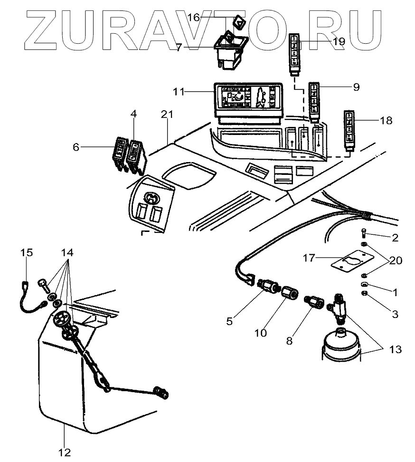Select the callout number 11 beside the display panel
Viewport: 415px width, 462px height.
[179, 91]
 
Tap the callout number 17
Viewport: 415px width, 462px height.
[310, 258]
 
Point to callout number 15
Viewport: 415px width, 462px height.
[27, 252]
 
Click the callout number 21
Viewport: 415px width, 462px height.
[167, 115]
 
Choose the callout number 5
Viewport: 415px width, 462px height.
[229, 321]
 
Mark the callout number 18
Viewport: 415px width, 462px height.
[386, 121]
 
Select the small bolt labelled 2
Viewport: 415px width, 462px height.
[363, 233]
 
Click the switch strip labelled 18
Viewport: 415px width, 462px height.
[349, 128]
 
